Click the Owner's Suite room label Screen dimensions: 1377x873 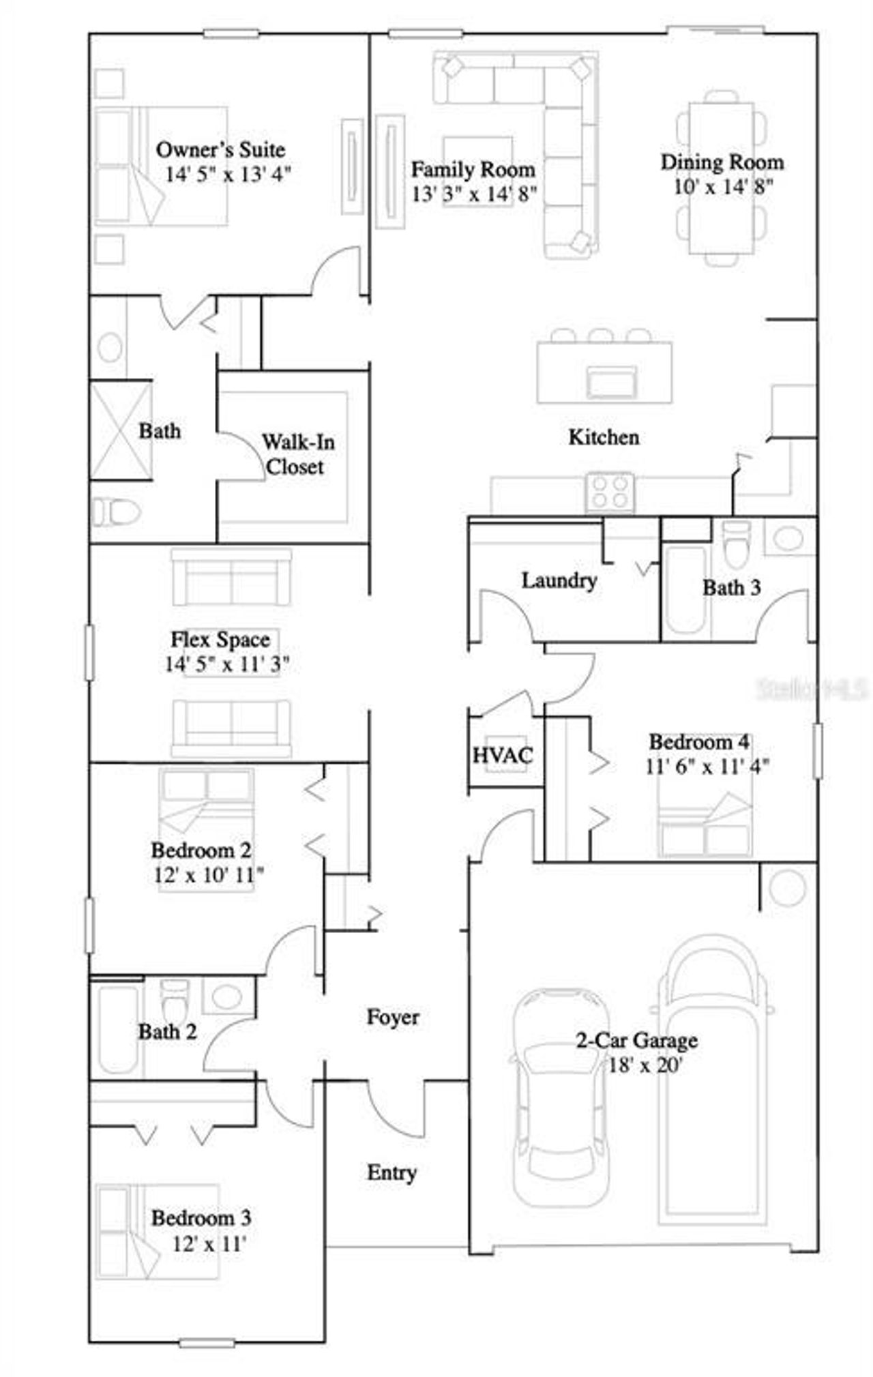click(220, 149)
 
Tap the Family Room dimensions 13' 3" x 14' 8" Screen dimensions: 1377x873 click(473, 194)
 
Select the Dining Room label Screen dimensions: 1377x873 click(722, 162)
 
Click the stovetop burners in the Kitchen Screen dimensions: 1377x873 click(610, 491)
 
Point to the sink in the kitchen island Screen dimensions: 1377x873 click(612, 381)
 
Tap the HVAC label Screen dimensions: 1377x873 click(503, 755)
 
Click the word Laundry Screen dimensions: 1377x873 click(559, 580)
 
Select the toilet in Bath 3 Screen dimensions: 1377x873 click(736, 544)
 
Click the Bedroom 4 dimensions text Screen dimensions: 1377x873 click(707, 767)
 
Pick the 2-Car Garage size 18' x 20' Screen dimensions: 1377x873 click(645, 1065)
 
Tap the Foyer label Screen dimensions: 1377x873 click(393, 1017)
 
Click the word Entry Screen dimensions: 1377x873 click(391, 1172)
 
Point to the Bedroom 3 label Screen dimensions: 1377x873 click(201, 1217)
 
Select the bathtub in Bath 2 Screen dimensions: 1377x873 click(117, 1027)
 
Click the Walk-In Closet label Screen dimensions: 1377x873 click(297, 454)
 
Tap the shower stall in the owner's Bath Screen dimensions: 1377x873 click(121, 431)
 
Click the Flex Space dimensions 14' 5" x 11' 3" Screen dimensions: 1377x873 click(226, 664)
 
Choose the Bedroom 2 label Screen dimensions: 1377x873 click(201, 850)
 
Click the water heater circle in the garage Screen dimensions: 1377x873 click(787, 888)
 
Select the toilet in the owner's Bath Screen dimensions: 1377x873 click(116, 512)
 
